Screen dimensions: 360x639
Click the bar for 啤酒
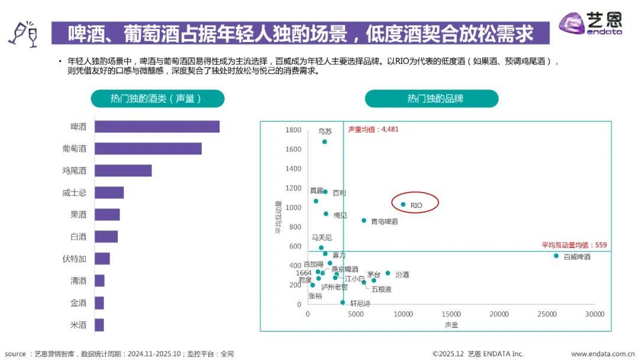coord(157,127)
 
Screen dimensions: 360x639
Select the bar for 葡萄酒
coord(148,149)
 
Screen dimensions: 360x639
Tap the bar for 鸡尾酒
coord(123,171)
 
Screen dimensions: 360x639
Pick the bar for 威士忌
coord(109,192)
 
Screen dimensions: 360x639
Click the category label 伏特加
coord(75,259)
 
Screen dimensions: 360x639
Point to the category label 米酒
coord(78,325)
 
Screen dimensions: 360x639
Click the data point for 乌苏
coord(324,142)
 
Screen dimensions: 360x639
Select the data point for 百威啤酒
coord(556,256)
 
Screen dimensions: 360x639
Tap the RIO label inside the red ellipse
coord(416,205)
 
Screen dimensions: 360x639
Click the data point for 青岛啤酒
coord(364,220)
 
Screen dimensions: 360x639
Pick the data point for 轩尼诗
coord(342,302)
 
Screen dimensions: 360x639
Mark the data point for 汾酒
coord(388,273)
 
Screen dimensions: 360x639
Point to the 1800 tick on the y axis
coord(293,130)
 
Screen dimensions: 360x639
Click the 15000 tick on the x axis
coord(451,314)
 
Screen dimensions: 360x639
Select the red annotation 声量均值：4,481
coord(373,130)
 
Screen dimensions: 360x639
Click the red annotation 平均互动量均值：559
coord(574,245)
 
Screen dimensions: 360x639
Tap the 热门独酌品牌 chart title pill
coord(431,99)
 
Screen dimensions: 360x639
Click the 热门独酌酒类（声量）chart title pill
coord(157,99)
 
